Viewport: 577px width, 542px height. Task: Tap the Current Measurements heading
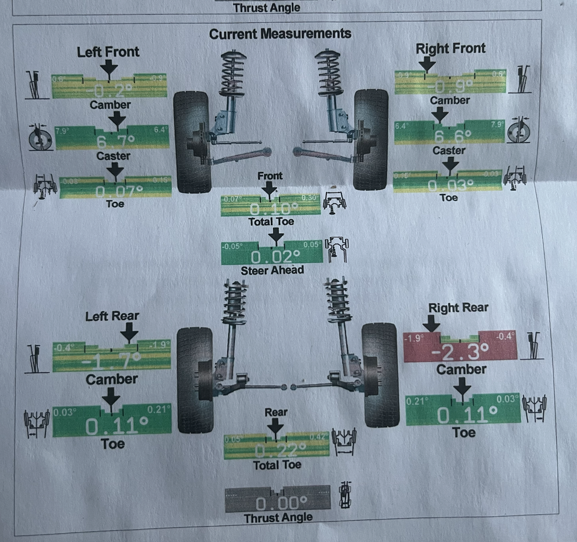(280, 34)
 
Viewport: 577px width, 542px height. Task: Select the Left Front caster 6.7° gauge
(112, 138)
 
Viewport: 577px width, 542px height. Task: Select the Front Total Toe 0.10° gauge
(270, 206)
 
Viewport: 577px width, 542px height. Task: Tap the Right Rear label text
(458, 308)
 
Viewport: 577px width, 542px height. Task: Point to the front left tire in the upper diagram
(191, 140)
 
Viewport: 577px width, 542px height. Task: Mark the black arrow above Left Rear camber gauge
(129, 332)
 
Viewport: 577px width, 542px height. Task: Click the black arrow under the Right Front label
(427, 64)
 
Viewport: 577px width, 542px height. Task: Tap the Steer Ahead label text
(272, 270)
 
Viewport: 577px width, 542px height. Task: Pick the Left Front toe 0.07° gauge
(115, 187)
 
